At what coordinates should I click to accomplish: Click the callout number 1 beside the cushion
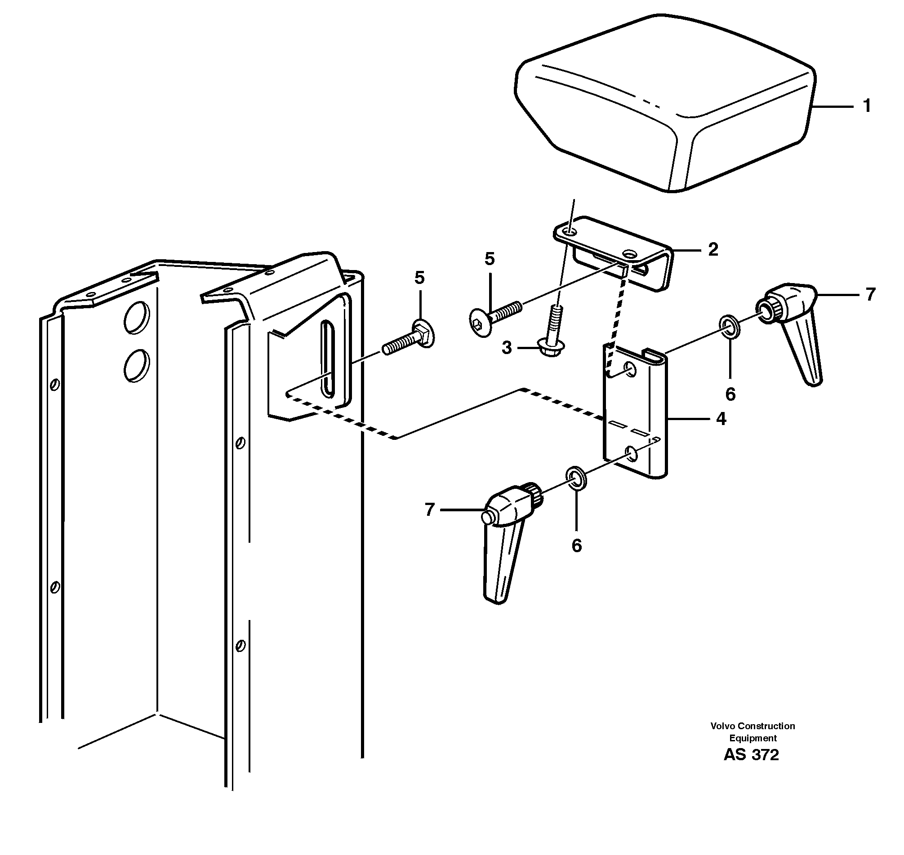(867, 106)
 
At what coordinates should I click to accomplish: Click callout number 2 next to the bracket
(713, 249)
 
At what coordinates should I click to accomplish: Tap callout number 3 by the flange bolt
(507, 348)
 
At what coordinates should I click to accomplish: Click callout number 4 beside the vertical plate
(721, 418)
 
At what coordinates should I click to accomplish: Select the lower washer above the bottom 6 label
(576, 478)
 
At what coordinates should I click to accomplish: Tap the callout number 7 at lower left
(429, 509)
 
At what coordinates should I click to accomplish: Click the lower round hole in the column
(136, 365)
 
